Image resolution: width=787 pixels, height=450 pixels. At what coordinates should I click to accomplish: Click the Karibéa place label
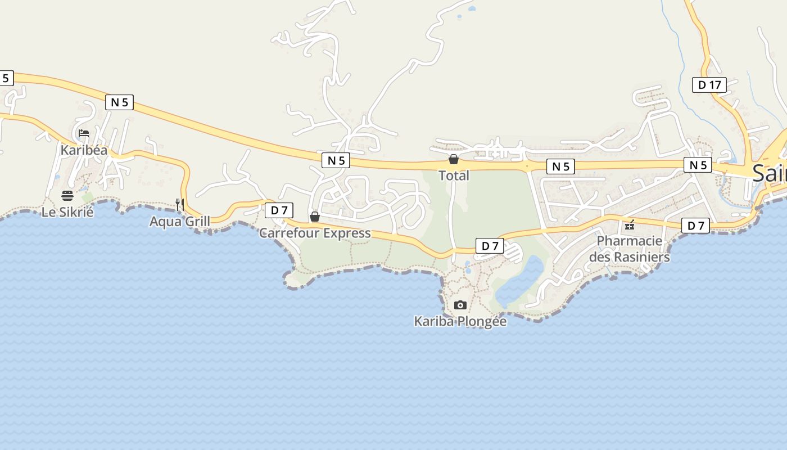[84, 150]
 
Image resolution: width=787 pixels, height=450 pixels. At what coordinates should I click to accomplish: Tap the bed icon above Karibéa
[84, 133]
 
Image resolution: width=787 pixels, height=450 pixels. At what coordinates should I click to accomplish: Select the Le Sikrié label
[67, 212]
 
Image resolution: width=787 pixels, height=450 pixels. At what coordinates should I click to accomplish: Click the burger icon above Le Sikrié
[67, 196]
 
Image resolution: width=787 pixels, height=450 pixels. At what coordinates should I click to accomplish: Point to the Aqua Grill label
[179, 222]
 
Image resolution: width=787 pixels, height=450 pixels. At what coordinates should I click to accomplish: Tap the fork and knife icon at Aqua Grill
[180, 205]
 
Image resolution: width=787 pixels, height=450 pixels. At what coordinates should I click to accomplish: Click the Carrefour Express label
[315, 233]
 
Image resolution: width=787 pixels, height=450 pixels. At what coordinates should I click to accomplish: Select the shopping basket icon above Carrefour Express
[315, 217]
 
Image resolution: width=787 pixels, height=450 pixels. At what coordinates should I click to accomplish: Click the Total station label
[454, 175]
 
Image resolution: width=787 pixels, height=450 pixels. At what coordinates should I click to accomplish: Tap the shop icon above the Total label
[454, 159]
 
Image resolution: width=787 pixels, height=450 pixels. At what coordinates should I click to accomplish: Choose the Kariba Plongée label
[460, 322]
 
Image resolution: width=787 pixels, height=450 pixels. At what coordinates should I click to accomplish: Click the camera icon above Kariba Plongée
[460, 305]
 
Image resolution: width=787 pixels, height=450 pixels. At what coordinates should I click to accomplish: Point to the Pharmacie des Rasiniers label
[630, 249]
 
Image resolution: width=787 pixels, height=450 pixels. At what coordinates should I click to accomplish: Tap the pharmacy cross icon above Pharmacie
[630, 225]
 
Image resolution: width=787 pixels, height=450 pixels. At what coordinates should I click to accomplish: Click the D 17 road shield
[709, 85]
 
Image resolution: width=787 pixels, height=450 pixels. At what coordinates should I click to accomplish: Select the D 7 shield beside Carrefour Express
[279, 210]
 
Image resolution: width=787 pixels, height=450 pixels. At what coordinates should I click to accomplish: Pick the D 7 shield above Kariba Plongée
[490, 246]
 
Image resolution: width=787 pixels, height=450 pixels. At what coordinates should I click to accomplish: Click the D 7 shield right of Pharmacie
[695, 226]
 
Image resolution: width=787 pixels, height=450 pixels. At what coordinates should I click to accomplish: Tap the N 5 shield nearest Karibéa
[119, 102]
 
